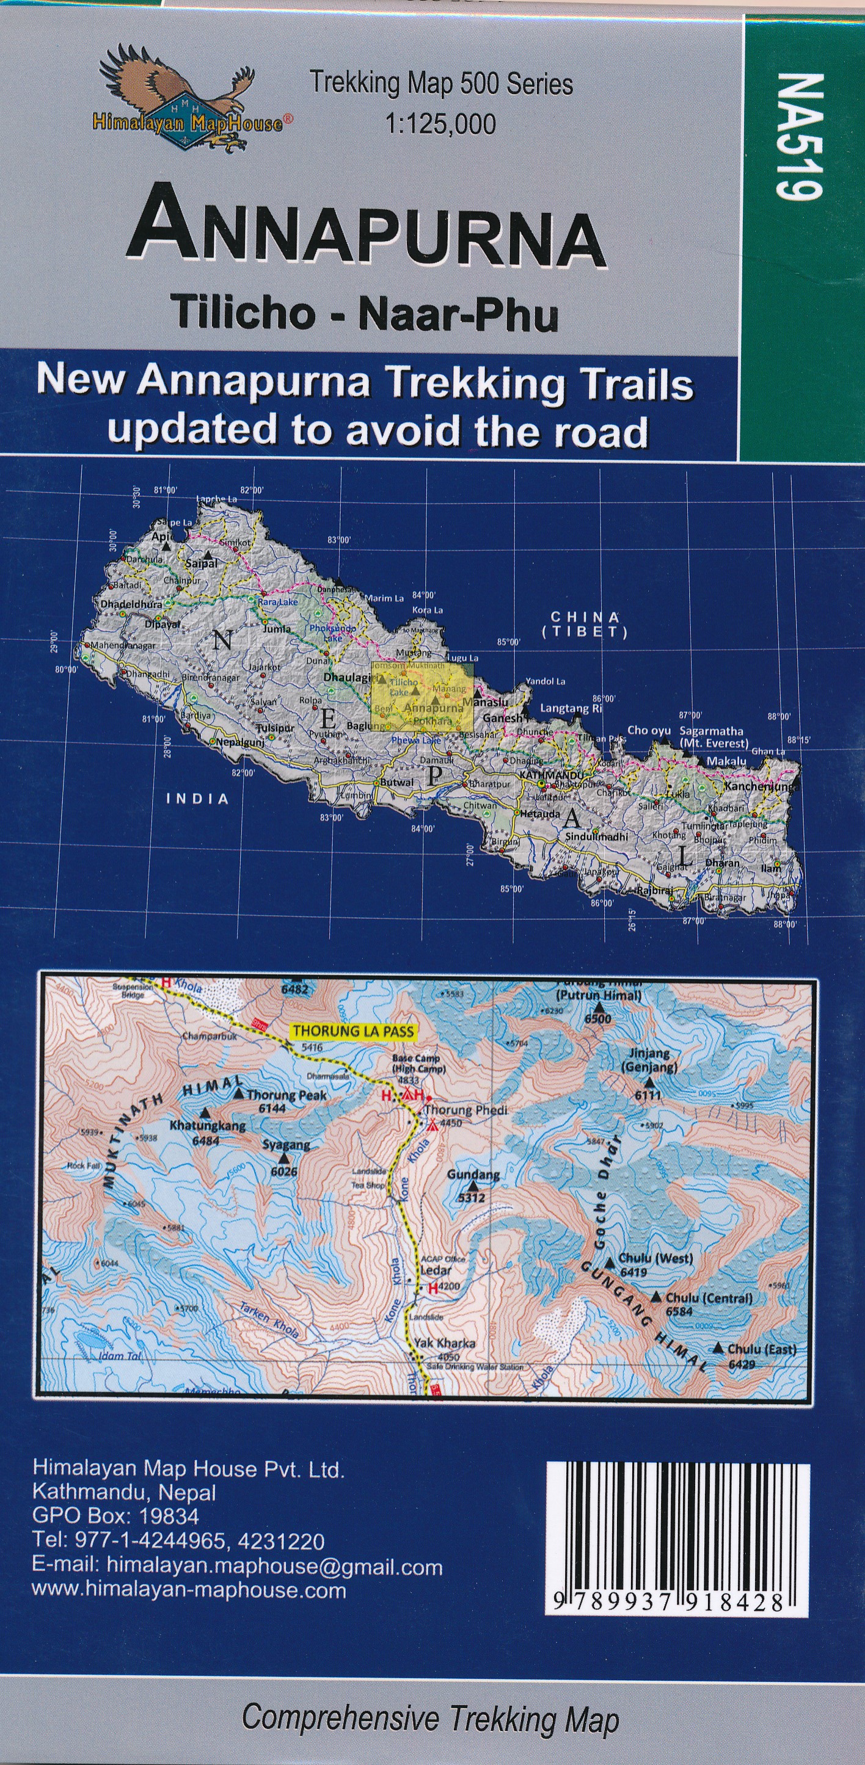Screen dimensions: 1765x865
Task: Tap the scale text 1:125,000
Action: [x=440, y=124]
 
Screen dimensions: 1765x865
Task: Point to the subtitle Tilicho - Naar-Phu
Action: [x=365, y=313]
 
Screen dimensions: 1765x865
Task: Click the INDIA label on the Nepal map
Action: [x=197, y=798]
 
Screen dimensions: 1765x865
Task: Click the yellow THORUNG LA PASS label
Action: [x=354, y=1030]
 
